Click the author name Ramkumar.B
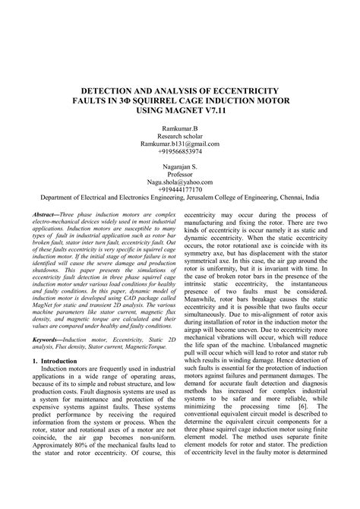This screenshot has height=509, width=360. point(180,130)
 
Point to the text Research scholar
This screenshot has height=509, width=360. point(180,137)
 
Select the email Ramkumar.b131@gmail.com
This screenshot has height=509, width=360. point(180,144)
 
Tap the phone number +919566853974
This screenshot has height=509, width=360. point(180,152)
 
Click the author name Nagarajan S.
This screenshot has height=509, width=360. point(180,166)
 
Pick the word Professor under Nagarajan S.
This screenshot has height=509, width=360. point(180,174)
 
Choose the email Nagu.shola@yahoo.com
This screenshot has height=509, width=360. point(180,182)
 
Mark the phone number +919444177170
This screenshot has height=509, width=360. point(180,188)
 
